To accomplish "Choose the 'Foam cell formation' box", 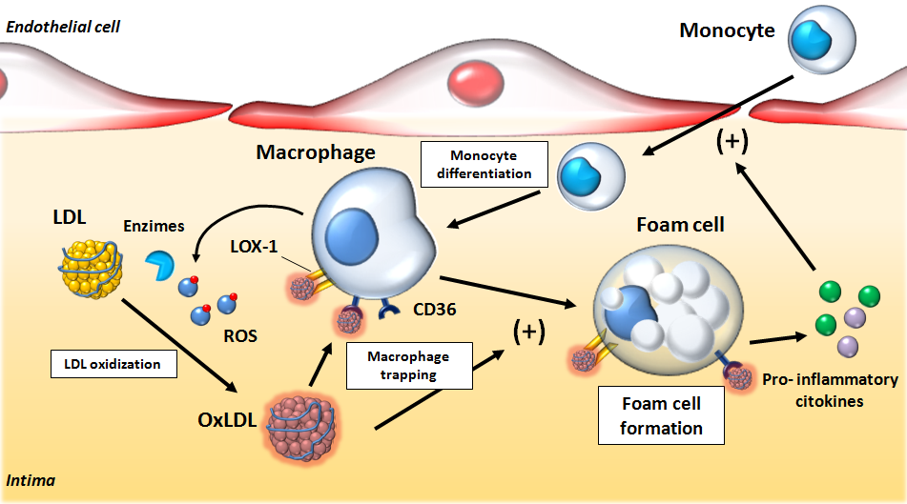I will click(661, 415).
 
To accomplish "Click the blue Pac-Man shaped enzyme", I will click(159, 264).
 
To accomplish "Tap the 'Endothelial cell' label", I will click(64, 26).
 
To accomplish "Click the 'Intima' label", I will click(30, 481).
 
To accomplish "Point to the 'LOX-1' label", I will click(255, 249).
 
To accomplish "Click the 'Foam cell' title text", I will click(679, 225).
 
